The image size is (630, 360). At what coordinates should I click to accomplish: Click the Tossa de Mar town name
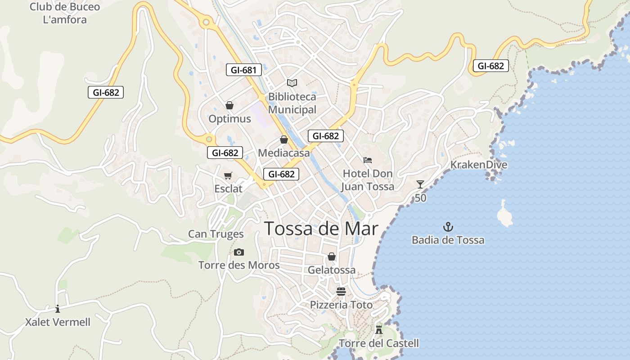click(x=321, y=229)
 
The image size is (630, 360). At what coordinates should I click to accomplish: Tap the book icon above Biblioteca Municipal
click(x=292, y=83)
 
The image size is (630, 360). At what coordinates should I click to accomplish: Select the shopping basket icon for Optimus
click(x=229, y=105)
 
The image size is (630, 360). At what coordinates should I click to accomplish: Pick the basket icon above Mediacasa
click(x=284, y=139)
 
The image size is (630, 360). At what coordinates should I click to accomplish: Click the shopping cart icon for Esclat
click(x=228, y=175)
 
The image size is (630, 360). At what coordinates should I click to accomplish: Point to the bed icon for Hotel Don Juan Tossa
click(x=368, y=160)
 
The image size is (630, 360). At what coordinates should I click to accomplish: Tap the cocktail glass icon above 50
click(x=420, y=184)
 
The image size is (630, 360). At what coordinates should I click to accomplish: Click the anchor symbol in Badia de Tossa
click(x=448, y=226)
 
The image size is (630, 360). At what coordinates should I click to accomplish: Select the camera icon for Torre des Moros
click(x=239, y=252)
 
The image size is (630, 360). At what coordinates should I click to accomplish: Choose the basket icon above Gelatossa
click(x=332, y=256)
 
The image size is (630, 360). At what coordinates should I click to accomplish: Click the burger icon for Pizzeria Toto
click(x=341, y=291)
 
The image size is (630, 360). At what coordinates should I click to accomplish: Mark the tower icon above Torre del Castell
click(x=379, y=329)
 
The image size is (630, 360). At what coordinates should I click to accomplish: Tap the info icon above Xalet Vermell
click(x=58, y=309)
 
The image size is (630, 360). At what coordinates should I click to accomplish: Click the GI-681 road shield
click(x=243, y=70)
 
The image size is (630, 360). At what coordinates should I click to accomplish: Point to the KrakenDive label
click(x=479, y=165)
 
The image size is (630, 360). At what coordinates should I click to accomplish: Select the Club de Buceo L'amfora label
click(x=65, y=13)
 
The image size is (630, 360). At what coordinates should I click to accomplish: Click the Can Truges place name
click(x=216, y=234)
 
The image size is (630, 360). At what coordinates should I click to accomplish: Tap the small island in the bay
click(x=504, y=215)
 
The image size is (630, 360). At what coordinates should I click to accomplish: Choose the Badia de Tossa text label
click(x=448, y=240)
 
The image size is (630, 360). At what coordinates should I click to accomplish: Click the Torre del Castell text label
click(x=379, y=343)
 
